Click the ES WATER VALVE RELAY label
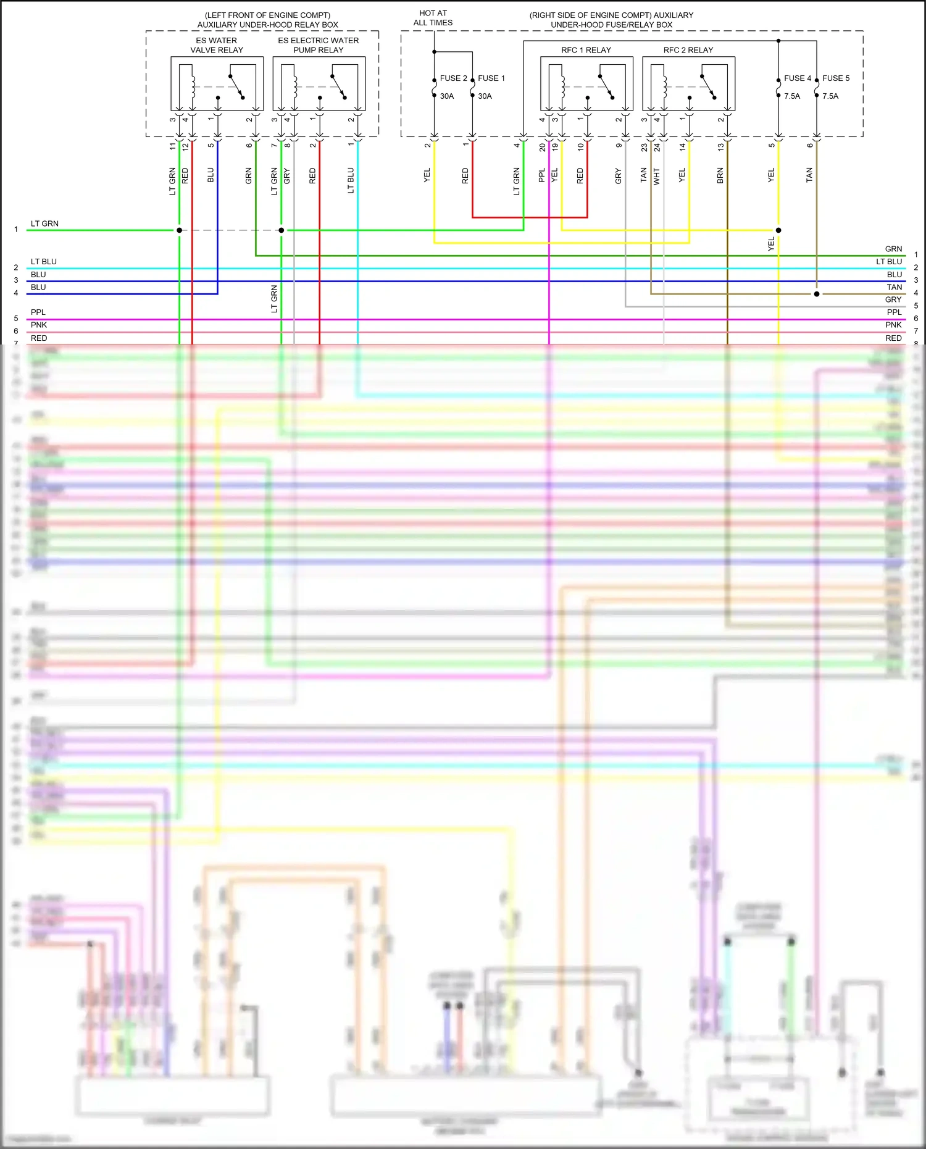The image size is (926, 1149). point(217,45)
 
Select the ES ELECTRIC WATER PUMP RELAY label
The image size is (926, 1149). point(318,45)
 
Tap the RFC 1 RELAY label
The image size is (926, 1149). point(586,50)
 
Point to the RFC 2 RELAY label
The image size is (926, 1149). point(688,50)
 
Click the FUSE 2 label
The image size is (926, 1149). point(453,78)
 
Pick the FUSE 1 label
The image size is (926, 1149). point(491,78)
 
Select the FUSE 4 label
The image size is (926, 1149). point(798,78)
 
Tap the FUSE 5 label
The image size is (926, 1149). point(836,78)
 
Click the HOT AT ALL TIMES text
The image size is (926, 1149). point(433,18)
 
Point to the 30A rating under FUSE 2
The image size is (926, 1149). point(447,96)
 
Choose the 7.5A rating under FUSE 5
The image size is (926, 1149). point(830,96)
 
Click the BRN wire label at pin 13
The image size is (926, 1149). point(720,175)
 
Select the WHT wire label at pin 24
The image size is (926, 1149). point(657,176)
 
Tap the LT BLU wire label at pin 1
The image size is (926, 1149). point(351,180)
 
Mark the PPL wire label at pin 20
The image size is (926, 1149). point(542,175)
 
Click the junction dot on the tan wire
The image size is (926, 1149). point(817,294)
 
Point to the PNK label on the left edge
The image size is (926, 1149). point(39,325)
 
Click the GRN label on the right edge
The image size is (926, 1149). point(893,249)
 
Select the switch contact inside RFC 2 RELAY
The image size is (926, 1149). point(708,86)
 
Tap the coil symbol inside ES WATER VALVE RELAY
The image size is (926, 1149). point(193,86)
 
